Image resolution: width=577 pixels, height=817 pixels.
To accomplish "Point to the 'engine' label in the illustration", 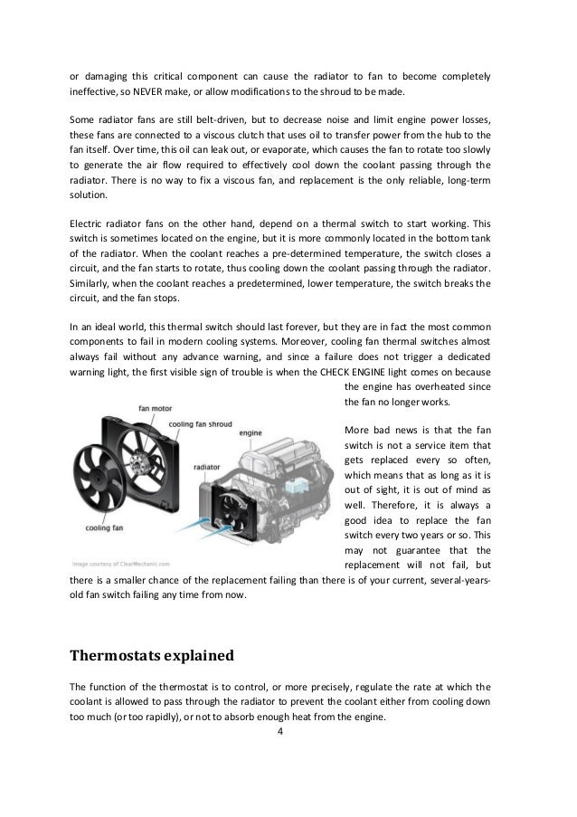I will click(250, 433).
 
